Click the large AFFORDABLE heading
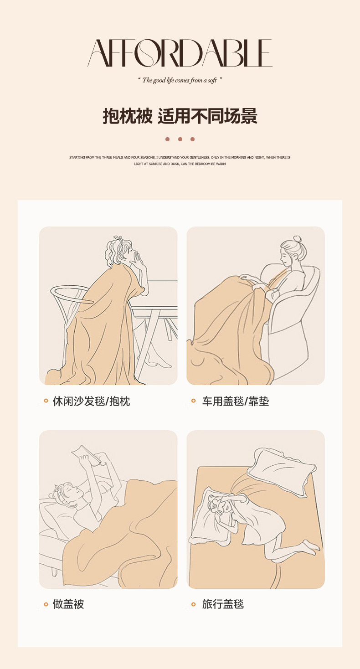coord(180,53)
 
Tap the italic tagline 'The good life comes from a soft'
coord(179,80)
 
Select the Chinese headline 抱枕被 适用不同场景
coord(180,116)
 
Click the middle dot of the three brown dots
coord(180,139)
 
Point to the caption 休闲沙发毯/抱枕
coord(91,401)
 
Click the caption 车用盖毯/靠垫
coord(236,401)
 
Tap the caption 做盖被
coord(68,604)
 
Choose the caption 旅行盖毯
coord(223,604)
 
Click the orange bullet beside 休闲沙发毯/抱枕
coord(46,401)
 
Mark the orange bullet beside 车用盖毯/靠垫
coord(193,401)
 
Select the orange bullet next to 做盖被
coord(46,604)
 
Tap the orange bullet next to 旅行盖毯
coord(193,604)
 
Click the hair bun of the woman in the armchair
coord(297,239)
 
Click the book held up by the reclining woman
coord(87,455)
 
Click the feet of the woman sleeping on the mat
coord(311,546)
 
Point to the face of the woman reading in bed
coord(72,493)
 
